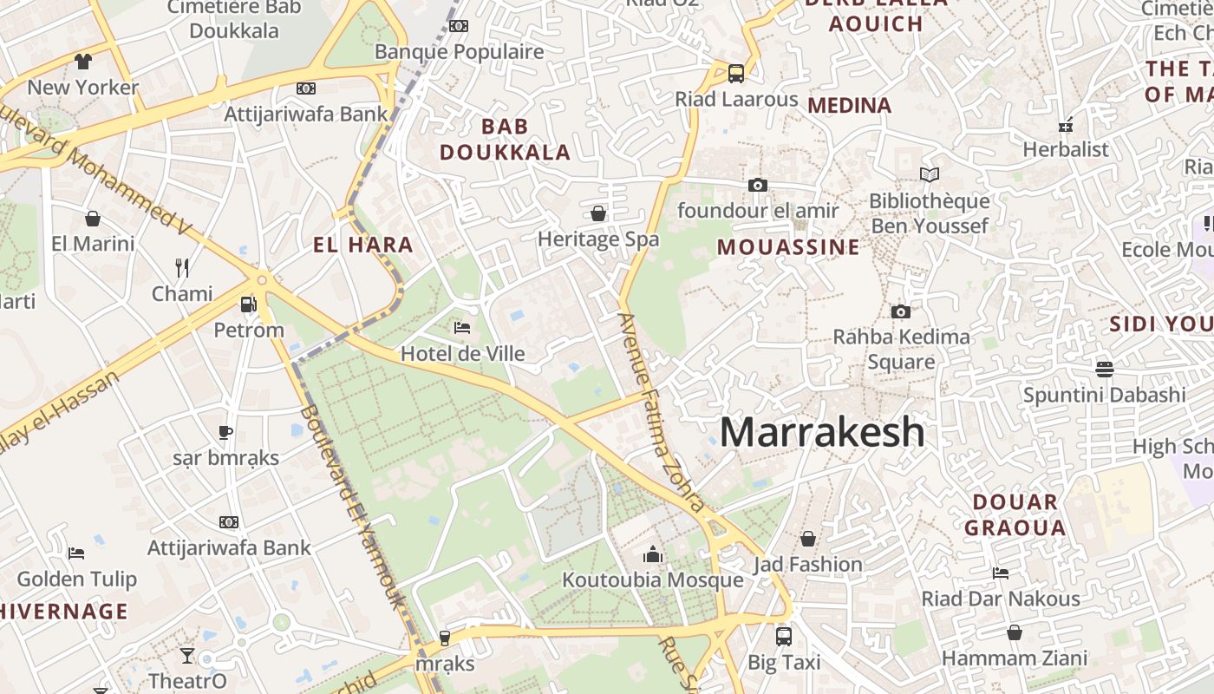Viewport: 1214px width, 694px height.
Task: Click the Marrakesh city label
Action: pos(822,432)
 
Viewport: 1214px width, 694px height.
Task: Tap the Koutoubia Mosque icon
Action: pos(653,554)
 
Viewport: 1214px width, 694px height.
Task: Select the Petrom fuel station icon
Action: pos(249,304)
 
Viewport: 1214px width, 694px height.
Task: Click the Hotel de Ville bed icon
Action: pos(462,327)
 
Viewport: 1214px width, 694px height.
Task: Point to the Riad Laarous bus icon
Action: pos(736,73)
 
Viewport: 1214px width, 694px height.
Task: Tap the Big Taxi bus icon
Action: pos(784,636)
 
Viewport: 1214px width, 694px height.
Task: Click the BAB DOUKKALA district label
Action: pos(505,140)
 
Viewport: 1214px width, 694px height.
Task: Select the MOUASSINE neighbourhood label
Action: pos(788,247)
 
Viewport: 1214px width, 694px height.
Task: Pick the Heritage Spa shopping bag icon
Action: pos(598,213)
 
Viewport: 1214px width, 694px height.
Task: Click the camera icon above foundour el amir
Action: pos(758,184)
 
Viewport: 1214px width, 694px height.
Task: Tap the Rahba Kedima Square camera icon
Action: pos(901,311)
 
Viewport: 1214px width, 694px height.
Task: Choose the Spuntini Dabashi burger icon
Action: pos(1104,369)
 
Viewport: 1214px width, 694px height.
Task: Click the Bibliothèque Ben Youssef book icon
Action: pos(930,174)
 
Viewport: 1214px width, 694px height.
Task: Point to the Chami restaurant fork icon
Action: pos(182,267)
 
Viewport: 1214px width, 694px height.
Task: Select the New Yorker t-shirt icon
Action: pos(83,61)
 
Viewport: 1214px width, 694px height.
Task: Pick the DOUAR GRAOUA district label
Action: pos(1015,514)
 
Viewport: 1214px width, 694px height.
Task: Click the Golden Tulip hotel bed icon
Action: pos(76,553)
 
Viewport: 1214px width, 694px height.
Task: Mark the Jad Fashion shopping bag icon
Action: pos(808,539)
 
